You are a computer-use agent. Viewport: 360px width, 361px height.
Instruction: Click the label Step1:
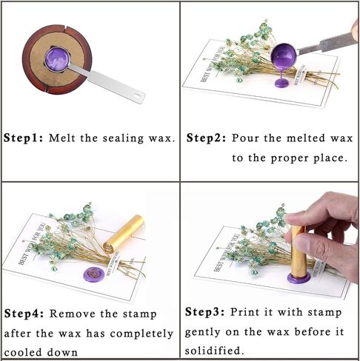pos(24,138)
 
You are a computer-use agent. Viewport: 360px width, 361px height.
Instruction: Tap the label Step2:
pos(206,138)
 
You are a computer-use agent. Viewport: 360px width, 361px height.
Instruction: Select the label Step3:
pos(205,312)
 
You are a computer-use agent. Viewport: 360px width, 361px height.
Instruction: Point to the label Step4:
pos(24,314)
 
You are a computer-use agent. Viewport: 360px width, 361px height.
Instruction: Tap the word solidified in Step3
pos(213,350)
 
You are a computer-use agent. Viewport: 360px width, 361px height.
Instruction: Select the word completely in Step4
pos(141,334)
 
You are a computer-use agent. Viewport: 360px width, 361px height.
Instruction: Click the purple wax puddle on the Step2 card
pos(282,84)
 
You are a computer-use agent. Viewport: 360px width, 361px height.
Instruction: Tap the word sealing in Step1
pos(123,138)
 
